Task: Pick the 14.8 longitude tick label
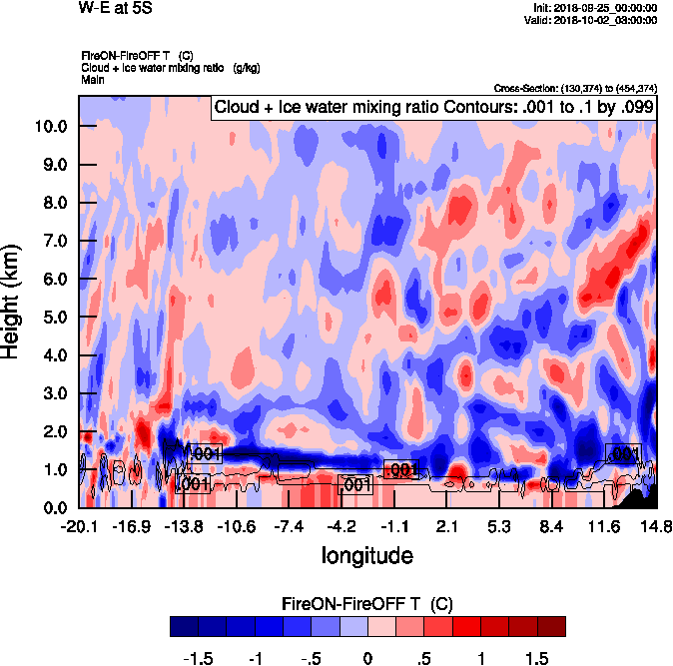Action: click(655, 526)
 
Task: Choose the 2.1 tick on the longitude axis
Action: click(446, 526)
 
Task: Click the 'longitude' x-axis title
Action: click(367, 554)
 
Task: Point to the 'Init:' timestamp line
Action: click(595, 8)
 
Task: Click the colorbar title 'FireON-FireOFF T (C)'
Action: click(367, 604)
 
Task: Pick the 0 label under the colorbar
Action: click(367, 659)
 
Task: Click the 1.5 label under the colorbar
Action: click(537, 659)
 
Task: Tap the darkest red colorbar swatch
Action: click(551, 626)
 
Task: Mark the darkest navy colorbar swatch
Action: click(184, 626)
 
